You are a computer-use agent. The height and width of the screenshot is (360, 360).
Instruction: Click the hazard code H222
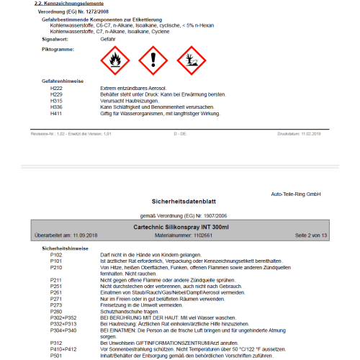pyautogui.click(x=56, y=87)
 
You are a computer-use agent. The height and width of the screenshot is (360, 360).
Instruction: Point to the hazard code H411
pyautogui.click(x=56, y=114)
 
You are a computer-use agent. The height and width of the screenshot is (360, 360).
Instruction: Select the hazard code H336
pyautogui.click(x=56, y=107)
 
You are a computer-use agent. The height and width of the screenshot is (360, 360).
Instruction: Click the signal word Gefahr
pyautogui.click(x=109, y=39)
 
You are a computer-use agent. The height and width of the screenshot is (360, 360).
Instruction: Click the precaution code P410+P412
pyautogui.click(x=63, y=348)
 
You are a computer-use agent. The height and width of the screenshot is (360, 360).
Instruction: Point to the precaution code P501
pyautogui.click(x=56, y=355)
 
